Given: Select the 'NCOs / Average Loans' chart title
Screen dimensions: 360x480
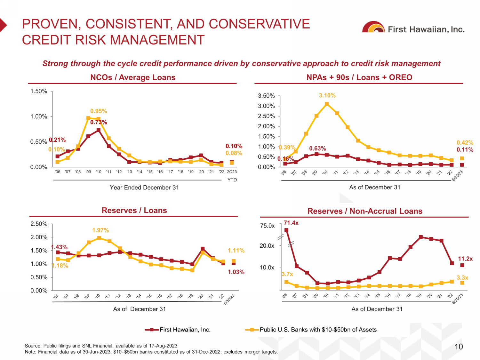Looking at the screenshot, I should tap(133, 77).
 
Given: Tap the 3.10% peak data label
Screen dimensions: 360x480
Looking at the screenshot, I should tap(327, 95).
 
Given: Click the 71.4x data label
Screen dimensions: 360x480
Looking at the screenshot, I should tap(291, 223).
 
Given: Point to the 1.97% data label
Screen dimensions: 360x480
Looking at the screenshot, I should tap(100, 230).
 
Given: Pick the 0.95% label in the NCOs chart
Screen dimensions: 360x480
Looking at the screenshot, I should tap(99, 111).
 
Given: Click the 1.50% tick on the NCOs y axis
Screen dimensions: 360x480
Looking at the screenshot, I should tap(39, 91).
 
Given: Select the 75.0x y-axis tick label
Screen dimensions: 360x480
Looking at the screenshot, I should tap(267, 226).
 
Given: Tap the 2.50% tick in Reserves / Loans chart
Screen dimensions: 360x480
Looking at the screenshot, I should tap(39, 224).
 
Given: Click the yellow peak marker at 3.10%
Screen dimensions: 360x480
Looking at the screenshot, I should tap(327, 104).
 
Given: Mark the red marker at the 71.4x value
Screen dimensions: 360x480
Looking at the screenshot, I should tap(286, 230).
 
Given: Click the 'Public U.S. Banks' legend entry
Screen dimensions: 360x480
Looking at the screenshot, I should tap(318, 330).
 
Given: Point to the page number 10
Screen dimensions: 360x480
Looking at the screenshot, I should tap(459, 347).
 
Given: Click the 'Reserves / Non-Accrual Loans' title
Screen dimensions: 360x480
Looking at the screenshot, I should tap(365, 211).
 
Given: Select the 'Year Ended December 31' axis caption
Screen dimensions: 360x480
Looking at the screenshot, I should tap(144, 188).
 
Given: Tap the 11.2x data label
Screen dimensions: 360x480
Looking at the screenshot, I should tap(465, 259).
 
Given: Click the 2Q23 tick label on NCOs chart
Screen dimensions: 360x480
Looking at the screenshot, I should tap(232, 172).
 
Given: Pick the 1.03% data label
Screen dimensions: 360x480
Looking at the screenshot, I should tap(236, 272).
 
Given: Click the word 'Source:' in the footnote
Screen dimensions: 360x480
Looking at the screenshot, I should tap(33, 346).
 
